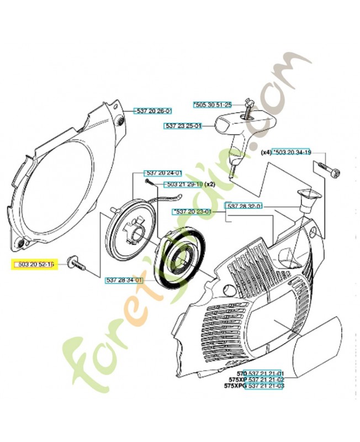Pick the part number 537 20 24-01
pyautogui.click(x=163, y=172)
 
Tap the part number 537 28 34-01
pyautogui.click(x=124, y=280)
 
